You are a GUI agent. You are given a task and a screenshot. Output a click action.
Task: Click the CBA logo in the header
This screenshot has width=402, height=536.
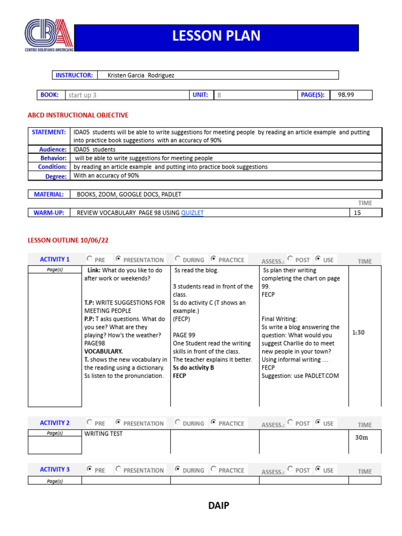click(x=49, y=35)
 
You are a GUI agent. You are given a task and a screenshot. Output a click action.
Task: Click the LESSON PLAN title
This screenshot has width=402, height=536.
click(x=216, y=36)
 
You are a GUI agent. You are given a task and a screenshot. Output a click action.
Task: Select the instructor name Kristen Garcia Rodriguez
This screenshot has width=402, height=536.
click(x=141, y=75)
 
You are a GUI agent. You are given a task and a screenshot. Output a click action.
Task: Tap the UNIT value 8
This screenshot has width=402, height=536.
click(x=219, y=95)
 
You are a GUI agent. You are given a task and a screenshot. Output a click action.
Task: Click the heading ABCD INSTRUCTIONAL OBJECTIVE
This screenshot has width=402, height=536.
click(x=77, y=115)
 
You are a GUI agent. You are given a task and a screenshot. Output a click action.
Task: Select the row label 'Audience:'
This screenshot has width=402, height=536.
click(x=53, y=150)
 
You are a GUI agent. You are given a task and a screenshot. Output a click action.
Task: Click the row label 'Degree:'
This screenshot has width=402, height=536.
click(x=56, y=176)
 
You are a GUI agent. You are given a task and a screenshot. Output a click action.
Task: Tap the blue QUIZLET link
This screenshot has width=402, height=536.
click(x=192, y=213)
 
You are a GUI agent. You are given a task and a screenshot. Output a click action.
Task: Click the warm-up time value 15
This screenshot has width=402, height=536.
click(x=358, y=213)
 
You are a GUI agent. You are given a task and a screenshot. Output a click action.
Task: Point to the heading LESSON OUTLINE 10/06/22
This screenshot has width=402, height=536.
click(x=68, y=240)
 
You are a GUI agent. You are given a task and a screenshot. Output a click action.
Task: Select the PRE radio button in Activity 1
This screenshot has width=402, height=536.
click(x=90, y=259)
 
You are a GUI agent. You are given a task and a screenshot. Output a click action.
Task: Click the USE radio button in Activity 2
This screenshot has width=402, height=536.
click(x=319, y=422)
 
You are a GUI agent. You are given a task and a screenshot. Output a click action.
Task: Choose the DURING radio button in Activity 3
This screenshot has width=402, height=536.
click(x=178, y=470)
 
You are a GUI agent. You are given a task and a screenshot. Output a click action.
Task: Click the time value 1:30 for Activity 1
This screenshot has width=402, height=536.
click(x=359, y=332)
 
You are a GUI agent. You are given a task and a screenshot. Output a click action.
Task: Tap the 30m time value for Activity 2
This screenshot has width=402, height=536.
click(x=362, y=438)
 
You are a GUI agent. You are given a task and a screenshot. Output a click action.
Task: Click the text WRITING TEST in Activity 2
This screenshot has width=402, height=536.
click(x=103, y=434)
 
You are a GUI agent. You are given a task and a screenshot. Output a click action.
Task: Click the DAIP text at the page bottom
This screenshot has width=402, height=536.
click(x=218, y=506)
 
